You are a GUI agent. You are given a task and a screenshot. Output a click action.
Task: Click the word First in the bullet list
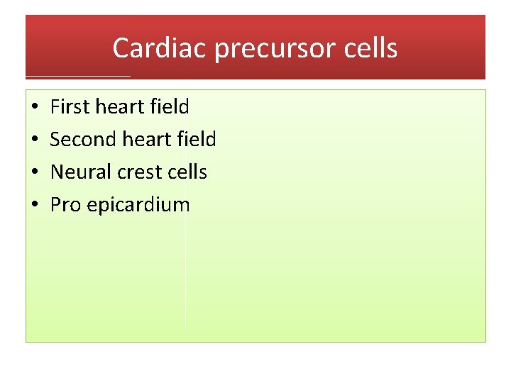pos(69,107)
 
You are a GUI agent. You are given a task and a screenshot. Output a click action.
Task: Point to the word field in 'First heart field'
pos(170,107)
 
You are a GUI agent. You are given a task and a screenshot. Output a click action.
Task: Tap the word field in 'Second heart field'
pos(197,140)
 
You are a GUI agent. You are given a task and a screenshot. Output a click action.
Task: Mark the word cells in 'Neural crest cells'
pos(187,172)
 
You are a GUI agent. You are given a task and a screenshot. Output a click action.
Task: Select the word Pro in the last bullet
pos(65,205)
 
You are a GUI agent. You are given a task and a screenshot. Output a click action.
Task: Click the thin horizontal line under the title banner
pos(78,76)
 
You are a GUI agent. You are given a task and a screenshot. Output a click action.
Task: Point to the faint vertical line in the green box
pos(185,284)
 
